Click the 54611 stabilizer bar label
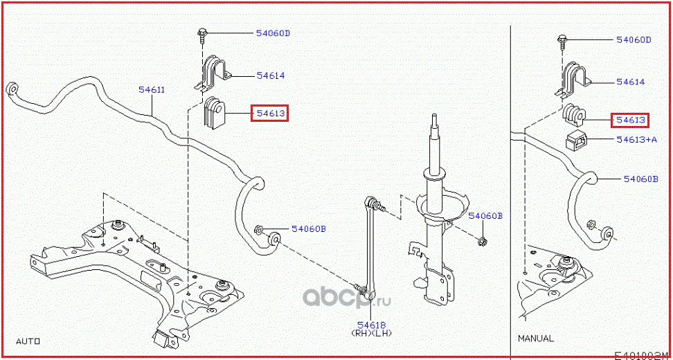point(152,90)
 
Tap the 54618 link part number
point(372,325)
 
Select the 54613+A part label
point(636,139)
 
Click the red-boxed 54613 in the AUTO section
point(269,114)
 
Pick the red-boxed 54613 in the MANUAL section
point(630,120)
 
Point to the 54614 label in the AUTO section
point(271,76)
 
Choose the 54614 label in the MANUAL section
point(630,82)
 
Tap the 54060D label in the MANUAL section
point(634,40)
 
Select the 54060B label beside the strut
point(485,216)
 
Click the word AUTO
point(28,341)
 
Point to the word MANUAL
point(536,339)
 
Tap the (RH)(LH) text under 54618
point(371,332)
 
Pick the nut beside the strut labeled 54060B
point(483,242)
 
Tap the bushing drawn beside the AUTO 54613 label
point(213,114)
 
